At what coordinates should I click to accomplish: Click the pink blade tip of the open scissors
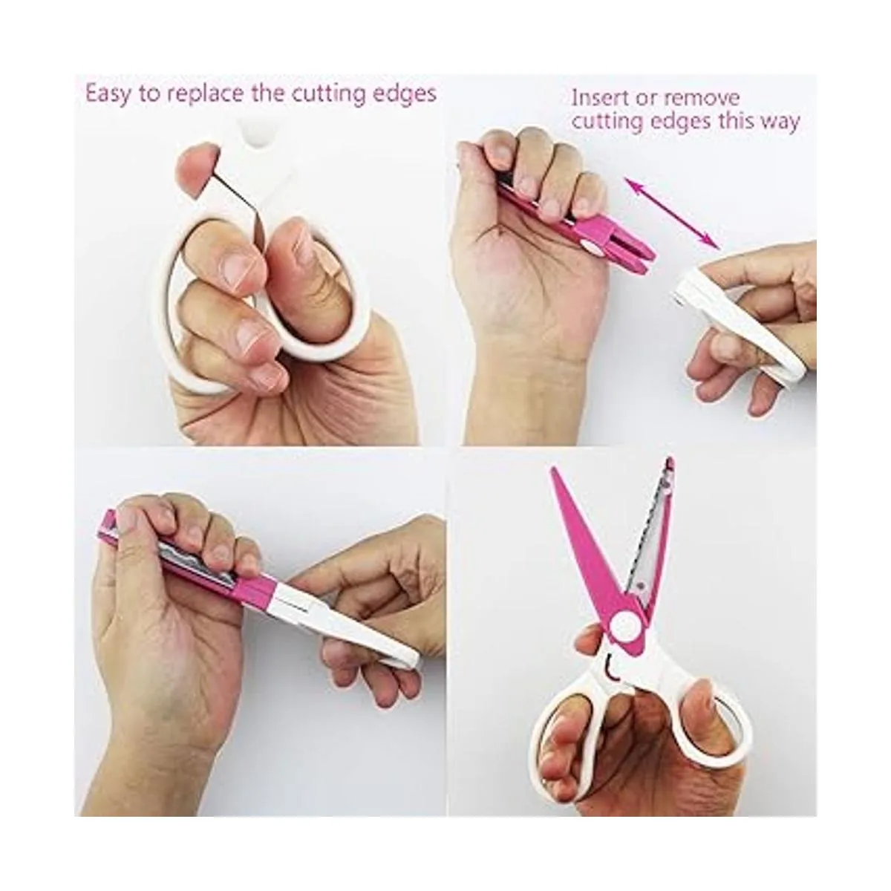[552, 471]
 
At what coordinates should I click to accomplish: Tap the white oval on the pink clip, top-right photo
[591, 245]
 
